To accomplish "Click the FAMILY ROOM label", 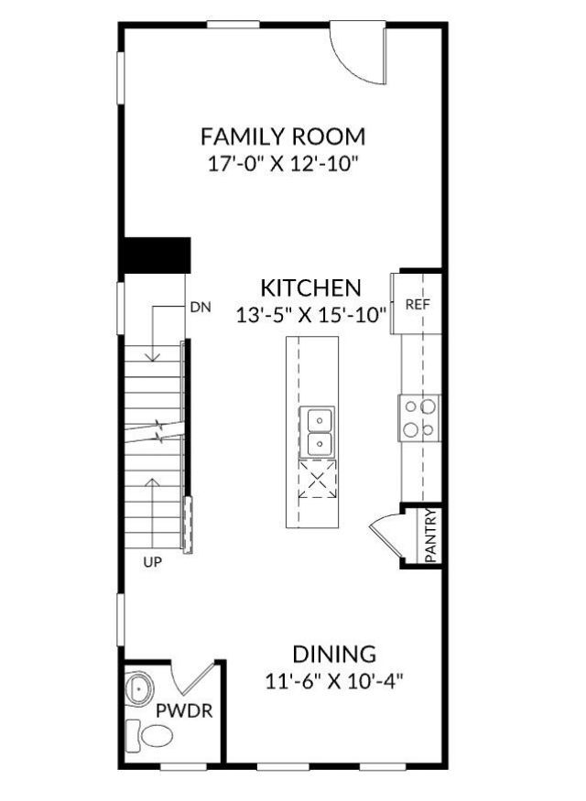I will [283, 137].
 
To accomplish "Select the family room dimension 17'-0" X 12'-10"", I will [283, 165].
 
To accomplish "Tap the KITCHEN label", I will [310, 287].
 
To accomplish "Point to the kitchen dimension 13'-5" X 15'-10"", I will [311, 314].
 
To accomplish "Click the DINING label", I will [334, 655].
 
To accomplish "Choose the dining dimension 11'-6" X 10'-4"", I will [334, 682].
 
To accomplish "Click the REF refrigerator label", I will [418, 304].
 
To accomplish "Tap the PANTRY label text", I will [432, 536].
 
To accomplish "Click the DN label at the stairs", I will [201, 308].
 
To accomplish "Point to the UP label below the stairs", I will [152, 563].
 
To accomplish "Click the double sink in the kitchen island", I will [319, 431].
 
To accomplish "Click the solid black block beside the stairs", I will [156, 254].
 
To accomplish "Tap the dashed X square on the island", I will [317, 480].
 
